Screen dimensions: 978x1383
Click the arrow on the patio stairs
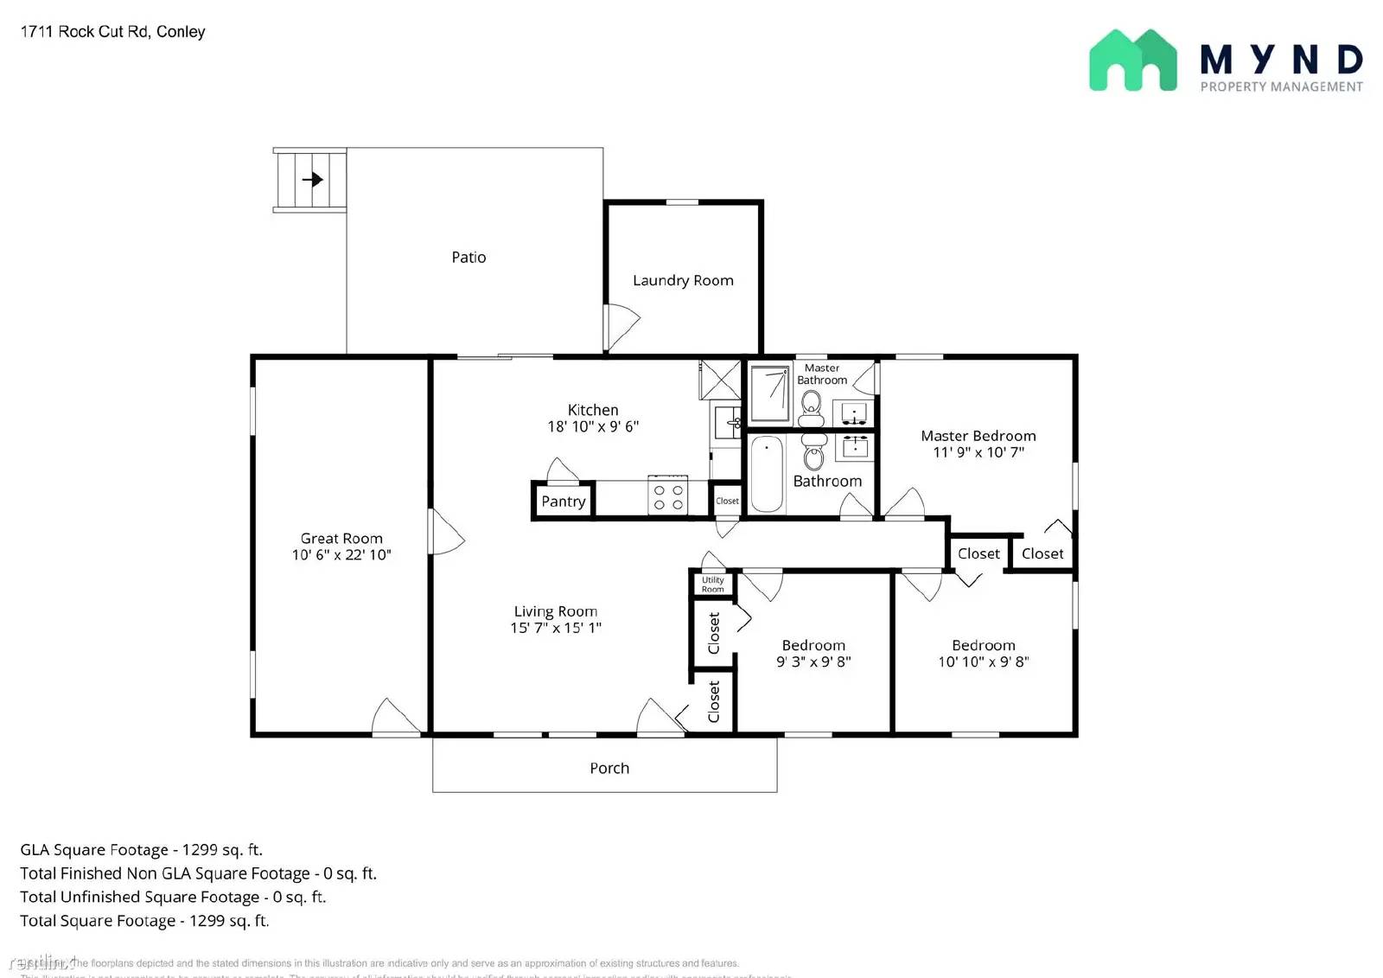(312, 180)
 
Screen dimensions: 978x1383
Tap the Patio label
(468, 257)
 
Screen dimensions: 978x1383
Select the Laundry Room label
(683, 280)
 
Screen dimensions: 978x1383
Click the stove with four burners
(668, 496)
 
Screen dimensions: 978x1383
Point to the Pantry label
(564, 502)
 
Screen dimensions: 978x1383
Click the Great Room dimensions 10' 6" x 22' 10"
(341, 555)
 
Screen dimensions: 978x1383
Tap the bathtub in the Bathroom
(767, 475)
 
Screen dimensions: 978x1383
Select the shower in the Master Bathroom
(769, 393)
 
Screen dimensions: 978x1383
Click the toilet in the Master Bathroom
(811, 406)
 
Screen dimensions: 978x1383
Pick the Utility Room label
(713, 585)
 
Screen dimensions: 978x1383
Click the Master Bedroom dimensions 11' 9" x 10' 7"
(978, 452)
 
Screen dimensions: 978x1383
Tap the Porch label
(609, 768)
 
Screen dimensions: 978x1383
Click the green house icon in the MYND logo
(1132, 61)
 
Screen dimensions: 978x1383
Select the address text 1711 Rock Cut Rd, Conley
(112, 32)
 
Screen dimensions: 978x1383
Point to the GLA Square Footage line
(142, 850)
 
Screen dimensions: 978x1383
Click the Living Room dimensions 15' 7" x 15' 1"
(556, 628)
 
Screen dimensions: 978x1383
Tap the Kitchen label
(593, 410)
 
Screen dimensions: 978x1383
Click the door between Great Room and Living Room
(445, 533)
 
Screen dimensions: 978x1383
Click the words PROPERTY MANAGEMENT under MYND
(1281, 86)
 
